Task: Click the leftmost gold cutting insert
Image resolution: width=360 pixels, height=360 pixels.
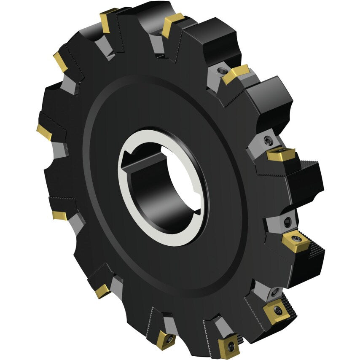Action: pos(44,132)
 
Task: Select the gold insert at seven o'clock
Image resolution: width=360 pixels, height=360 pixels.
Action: pos(102,291)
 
